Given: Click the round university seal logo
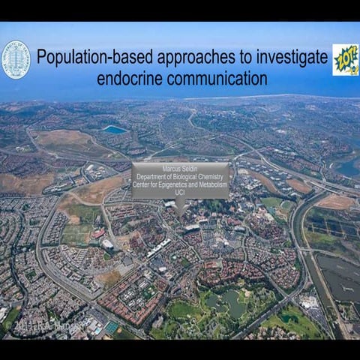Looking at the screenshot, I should [16, 59].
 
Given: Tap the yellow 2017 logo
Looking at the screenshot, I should [345, 59].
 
